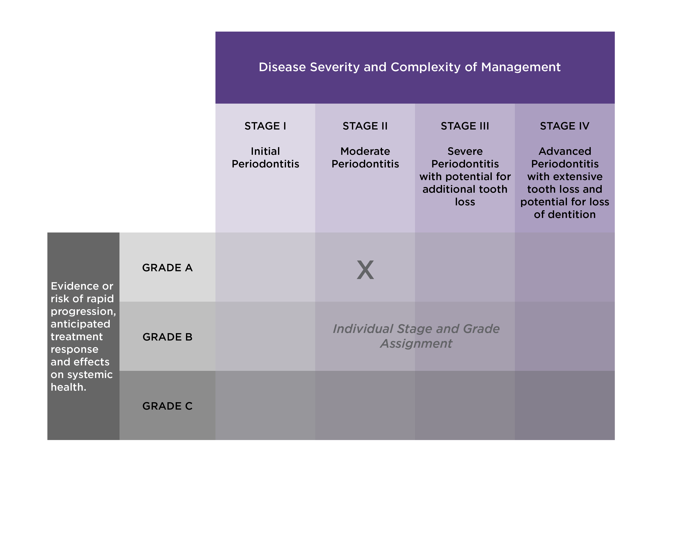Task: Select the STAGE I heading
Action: coord(265,126)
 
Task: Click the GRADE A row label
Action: coord(167,267)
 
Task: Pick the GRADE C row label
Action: coord(167,406)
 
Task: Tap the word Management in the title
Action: coord(521,67)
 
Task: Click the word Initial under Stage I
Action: coord(265,151)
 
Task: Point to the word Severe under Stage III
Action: coord(465,151)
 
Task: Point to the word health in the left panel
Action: coord(67,387)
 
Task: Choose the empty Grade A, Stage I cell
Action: coord(265,267)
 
